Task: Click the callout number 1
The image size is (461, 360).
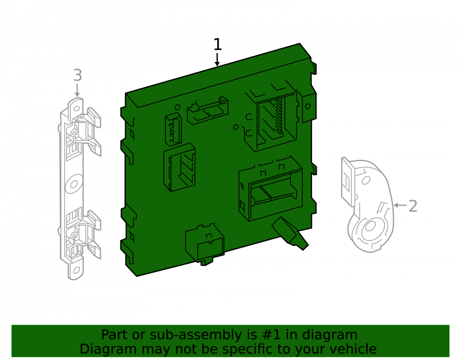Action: (x=217, y=45)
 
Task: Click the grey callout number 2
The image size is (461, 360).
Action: (x=413, y=206)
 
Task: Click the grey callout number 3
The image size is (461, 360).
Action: (x=77, y=75)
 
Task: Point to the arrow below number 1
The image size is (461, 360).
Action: (x=217, y=59)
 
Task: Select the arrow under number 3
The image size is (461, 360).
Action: (x=77, y=90)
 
